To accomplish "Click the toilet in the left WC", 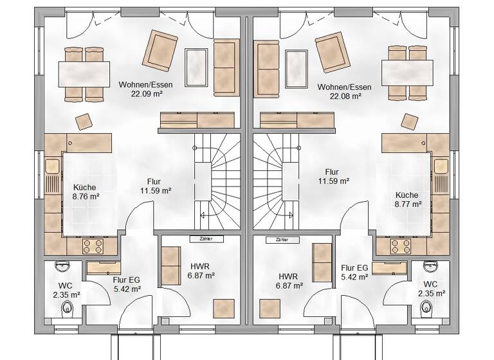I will [x=68, y=310].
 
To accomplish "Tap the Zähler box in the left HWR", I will [x=206, y=239].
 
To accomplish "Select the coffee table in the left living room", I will [x=197, y=62].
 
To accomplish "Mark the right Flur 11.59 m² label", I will [x=332, y=177].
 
